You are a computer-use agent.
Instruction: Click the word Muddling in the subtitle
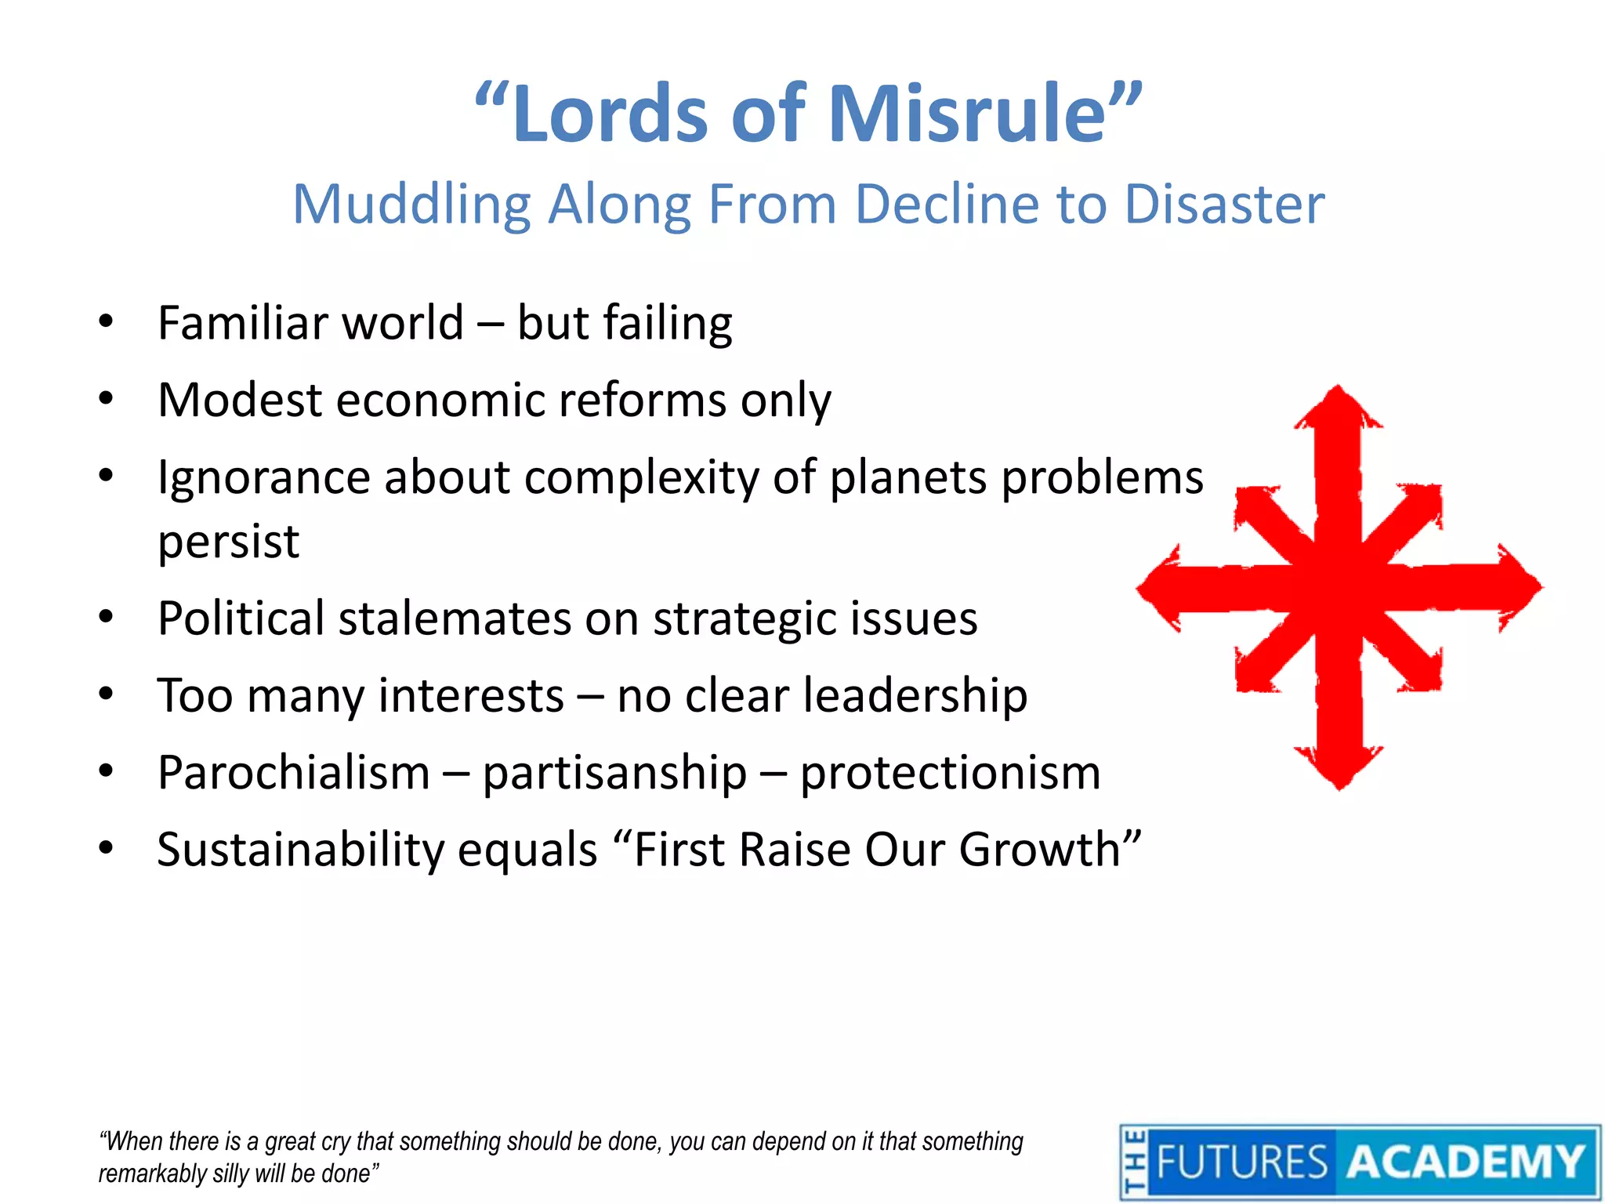412,205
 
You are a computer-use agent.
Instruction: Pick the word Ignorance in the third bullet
263,477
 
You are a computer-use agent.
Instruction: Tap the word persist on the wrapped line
228,542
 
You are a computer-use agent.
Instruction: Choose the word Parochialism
294,773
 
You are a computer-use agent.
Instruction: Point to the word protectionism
950,773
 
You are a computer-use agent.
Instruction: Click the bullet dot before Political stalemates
107,617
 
